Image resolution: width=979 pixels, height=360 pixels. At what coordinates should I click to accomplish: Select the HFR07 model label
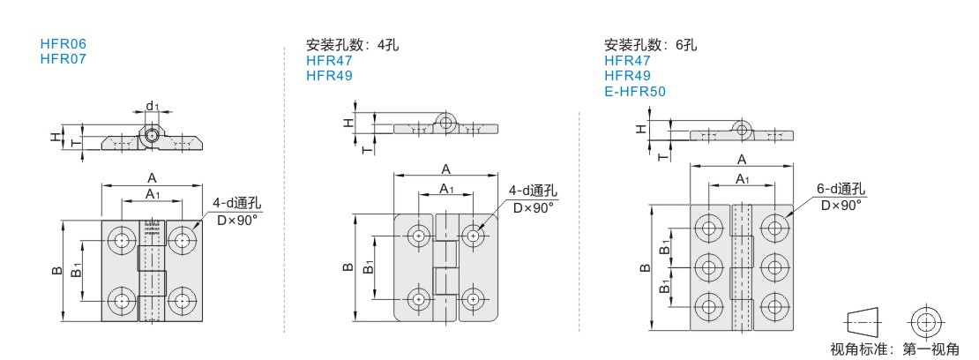(x=64, y=59)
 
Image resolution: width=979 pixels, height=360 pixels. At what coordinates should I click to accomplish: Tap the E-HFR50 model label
(x=635, y=90)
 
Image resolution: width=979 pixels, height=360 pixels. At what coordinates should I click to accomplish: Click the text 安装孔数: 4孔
(x=352, y=45)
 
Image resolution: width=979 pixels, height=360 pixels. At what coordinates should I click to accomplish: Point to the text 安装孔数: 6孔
(x=650, y=45)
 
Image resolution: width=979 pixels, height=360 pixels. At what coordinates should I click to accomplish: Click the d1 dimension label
(x=153, y=107)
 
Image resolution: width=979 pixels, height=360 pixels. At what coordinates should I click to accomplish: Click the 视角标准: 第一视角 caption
(x=895, y=349)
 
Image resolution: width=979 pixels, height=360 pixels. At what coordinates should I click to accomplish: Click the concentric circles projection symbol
(x=924, y=321)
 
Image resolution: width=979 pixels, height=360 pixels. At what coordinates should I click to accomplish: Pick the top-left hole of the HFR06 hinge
(x=120, y=240)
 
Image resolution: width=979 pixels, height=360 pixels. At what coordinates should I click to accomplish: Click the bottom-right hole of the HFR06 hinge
(x=183, y=301)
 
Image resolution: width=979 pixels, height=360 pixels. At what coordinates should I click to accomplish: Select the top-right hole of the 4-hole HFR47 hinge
(x=475, y=236)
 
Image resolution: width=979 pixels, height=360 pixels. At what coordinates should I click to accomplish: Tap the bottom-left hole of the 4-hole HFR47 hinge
(x=417, y=298)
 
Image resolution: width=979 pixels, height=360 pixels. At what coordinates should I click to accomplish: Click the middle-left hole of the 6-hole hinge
(x=708, y=266)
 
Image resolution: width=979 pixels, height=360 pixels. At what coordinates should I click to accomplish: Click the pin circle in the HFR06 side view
(x=153, y=136)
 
